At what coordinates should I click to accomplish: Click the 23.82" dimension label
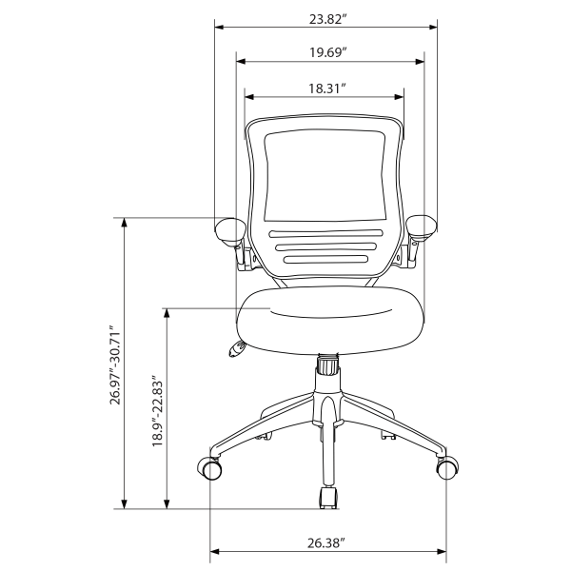pos(325,17)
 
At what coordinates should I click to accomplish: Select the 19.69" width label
pos(327,52)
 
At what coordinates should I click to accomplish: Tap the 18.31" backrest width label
pos(325,87)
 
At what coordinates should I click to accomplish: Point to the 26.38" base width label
pos(325,542)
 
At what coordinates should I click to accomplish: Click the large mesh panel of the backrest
pos(325,176)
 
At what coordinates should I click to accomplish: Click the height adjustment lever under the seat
pos(234,349)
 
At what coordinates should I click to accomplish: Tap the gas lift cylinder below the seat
pos(326,366)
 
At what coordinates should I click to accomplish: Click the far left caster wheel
pos(210,469)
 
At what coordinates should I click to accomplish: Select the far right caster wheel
pos(444,468)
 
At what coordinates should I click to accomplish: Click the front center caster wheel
pos(328,497)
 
